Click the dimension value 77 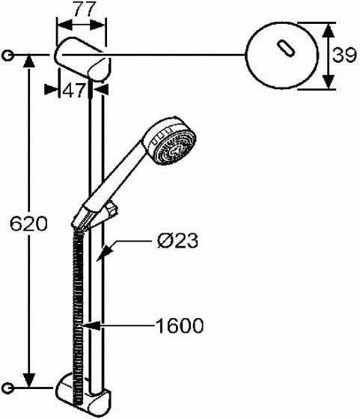pyautogui.click(x=85, y=10)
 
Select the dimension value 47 pyautogui.click(x=73, y=91)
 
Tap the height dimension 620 pyautogui.click(x=28, y=224)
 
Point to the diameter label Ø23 pyautogui.click(x=177, y=240)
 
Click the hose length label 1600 pyautogui.click(x=180, y=325)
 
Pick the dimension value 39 pyautogui.click(x=344, y=55)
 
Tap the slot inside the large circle pyautogui.click(x=286, y=48)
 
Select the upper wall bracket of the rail pyautogui.click(x=83, y=59)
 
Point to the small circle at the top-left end pyautogui.click(x=7, y=56)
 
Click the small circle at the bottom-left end pyautogui.click(x=7, y=388)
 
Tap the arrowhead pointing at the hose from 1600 pyautogui.click(x=91, y=325)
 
